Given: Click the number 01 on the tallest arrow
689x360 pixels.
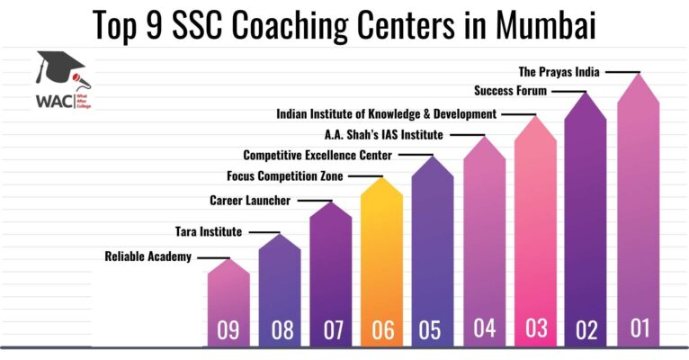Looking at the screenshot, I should pyautogui.click(x=640, y=328).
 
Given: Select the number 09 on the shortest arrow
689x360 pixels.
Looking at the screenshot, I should pyautogui.click(x=228, y=331).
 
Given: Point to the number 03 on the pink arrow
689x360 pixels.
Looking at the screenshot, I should pyautogui.click(x=537, y=328).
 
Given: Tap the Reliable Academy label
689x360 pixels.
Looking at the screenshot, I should pyautogui.click(x=148, y=257).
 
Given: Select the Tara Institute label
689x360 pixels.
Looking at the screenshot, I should pyautogui.click(x=208, y=232).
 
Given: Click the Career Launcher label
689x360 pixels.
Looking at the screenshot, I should pyautogui.click(x=250, y=200).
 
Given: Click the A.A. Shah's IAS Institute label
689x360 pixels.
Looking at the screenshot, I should pyautogui.click(x=384, y=135).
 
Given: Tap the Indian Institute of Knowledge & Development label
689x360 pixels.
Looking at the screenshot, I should pyautogui.click(x=387, y=114).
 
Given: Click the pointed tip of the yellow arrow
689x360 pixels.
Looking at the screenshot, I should pyautogui.click(x=383, y=178).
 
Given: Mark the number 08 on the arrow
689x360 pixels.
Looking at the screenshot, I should pyautogui.click(x=282, y=330).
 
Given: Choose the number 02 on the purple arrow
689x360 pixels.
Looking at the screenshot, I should pyautogui.click(x=586, y=329).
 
